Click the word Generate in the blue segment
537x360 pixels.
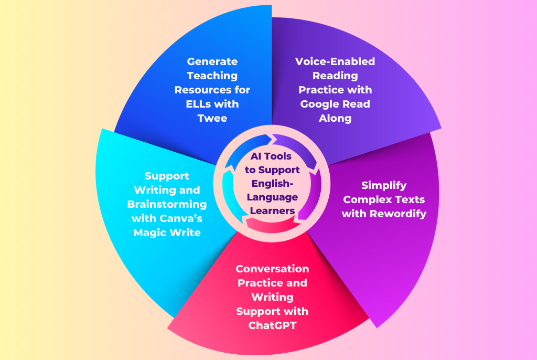212,61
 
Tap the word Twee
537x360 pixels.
212,118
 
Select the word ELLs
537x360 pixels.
198,104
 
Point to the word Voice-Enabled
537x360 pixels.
335,61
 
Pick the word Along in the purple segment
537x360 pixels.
335,119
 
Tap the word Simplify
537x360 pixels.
384,185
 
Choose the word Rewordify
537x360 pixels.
398,214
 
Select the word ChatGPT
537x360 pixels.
272,325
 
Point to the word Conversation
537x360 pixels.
272,269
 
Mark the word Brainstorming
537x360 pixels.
167,204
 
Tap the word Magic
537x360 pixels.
149,233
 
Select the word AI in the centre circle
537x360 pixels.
255,156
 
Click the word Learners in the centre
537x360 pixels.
272,210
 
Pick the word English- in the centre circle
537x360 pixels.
272,184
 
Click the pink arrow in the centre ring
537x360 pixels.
272,225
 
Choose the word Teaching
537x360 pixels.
212,76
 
